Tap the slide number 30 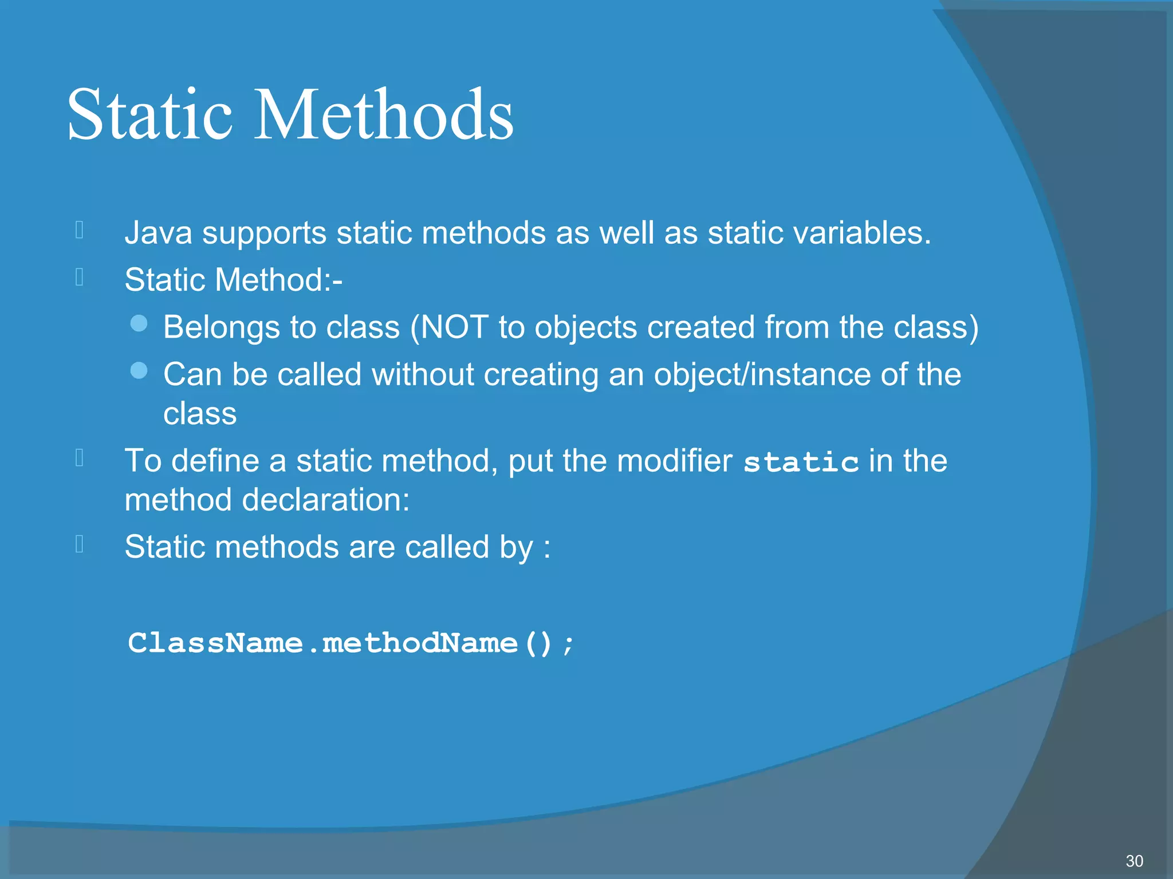pos(1134,861)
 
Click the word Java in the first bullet pos(158,233)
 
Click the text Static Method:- pos(233,280)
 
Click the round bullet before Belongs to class pos(139,324)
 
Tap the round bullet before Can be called pos(139,371)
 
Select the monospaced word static pos(801,462)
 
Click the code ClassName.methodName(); pos(351,643)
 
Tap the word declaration pos(325,500)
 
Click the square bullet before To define pos(80,458)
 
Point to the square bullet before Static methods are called pos(80,544)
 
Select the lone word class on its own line pos(199,414)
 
